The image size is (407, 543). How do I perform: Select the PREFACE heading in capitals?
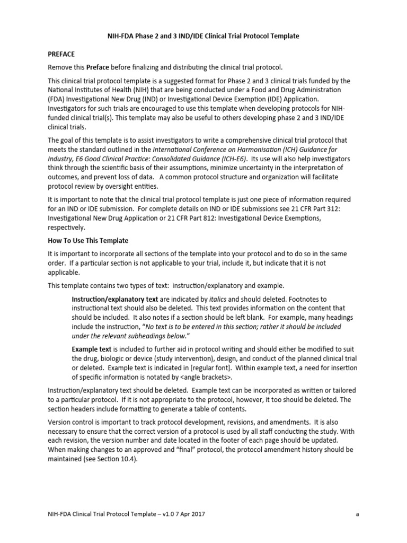tap(61, 54)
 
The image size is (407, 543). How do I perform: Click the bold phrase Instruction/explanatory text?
tap(113, 299)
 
